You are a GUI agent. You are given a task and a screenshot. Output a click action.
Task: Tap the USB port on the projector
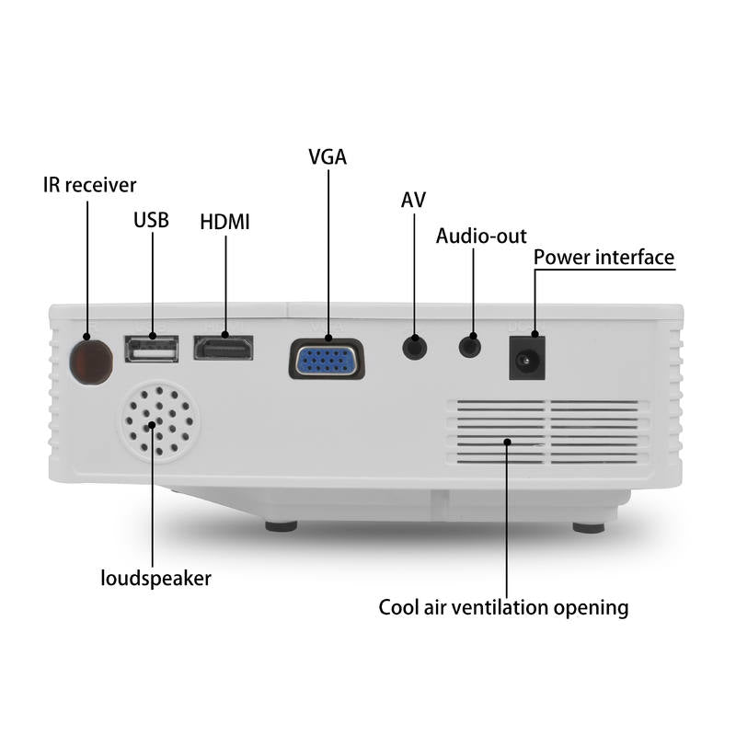click(152, 349)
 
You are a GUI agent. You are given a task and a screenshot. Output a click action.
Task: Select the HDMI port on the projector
click(224, 348)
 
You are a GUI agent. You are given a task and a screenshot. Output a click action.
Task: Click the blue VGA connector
click(327, 359)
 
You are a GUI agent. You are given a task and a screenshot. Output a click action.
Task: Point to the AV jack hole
click(415, 349)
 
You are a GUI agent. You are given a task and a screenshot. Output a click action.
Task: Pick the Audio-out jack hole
click(470, 348)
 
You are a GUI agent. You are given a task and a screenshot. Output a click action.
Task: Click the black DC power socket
click(527, 358)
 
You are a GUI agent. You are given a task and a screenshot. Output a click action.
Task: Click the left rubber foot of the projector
click(282, 526)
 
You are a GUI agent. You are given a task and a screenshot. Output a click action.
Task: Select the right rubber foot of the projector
click(589, 527)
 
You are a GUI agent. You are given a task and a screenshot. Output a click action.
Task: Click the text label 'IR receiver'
click(89, 185)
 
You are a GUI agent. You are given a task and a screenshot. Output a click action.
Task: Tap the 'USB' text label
click(151, 220)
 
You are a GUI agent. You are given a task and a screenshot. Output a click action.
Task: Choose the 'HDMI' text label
click(224, 222)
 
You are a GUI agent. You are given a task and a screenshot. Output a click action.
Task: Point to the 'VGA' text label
click(328, 156)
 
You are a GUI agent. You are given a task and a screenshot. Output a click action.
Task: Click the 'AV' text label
click(413, 200)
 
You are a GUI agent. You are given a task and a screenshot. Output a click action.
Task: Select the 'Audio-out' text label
click(481, 236)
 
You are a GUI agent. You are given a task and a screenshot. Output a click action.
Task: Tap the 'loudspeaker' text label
click(155, 579)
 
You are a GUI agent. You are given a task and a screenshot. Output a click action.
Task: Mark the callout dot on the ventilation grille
click(507, 442)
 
